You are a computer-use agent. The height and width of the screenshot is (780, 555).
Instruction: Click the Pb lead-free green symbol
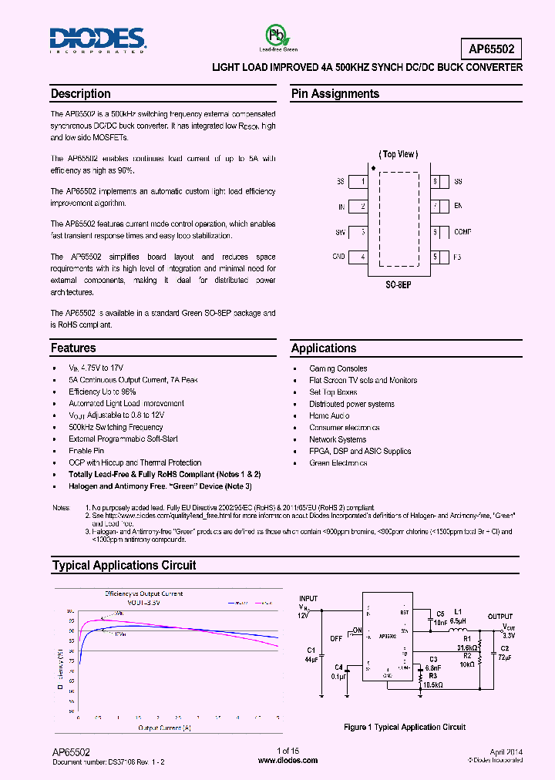(274, 35)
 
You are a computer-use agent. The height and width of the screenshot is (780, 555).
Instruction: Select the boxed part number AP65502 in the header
(496, 49)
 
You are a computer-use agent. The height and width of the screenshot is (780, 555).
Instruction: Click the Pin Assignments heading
(335, 94)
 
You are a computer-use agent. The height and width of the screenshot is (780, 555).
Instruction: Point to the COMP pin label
(462, 231)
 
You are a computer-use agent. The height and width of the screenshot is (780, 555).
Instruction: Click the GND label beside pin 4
(338, 257)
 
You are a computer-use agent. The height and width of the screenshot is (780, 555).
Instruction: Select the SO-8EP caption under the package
(398, 284)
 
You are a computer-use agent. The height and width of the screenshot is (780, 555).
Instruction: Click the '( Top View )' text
(398, 154)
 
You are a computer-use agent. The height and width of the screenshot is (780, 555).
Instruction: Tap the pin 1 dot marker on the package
(374, 167)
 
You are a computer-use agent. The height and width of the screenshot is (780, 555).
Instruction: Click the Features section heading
(73, 348)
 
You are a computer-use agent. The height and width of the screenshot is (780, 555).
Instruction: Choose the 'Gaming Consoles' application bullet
(338, 368)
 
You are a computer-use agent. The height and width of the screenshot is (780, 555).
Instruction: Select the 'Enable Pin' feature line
(86, 451)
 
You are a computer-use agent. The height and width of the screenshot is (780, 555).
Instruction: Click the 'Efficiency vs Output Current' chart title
(144, 593)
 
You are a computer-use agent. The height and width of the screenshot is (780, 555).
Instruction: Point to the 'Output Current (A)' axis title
(164, 728)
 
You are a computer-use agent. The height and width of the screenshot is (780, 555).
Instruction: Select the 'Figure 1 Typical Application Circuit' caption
(404, 727)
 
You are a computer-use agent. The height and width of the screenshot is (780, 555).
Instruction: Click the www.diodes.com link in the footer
(288, 760)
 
